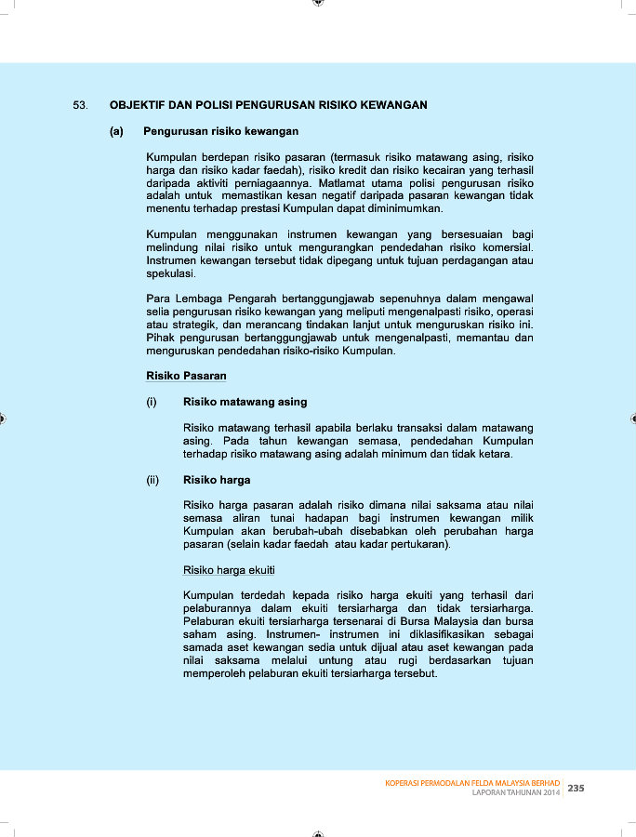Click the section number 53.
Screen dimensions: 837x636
tap(80, 105)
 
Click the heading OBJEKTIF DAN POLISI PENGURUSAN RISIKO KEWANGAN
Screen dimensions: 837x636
tap(268, 105)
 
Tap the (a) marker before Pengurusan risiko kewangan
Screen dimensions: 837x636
tap(116, 132)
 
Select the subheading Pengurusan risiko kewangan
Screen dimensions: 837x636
tap(220, 132)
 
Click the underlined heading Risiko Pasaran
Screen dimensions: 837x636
tap(186, 376)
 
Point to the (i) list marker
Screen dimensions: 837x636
tap(152, 402)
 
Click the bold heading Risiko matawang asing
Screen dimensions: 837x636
tap(245, 402)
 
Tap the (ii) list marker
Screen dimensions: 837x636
tap(153, 480)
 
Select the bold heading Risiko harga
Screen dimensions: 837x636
tap(217, 480)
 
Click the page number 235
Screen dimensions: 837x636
tap(576, 788)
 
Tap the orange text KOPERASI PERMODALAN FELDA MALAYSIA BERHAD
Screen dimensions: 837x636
tap(472, 783)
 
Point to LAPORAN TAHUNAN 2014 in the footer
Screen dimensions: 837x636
tap(516, 793)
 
